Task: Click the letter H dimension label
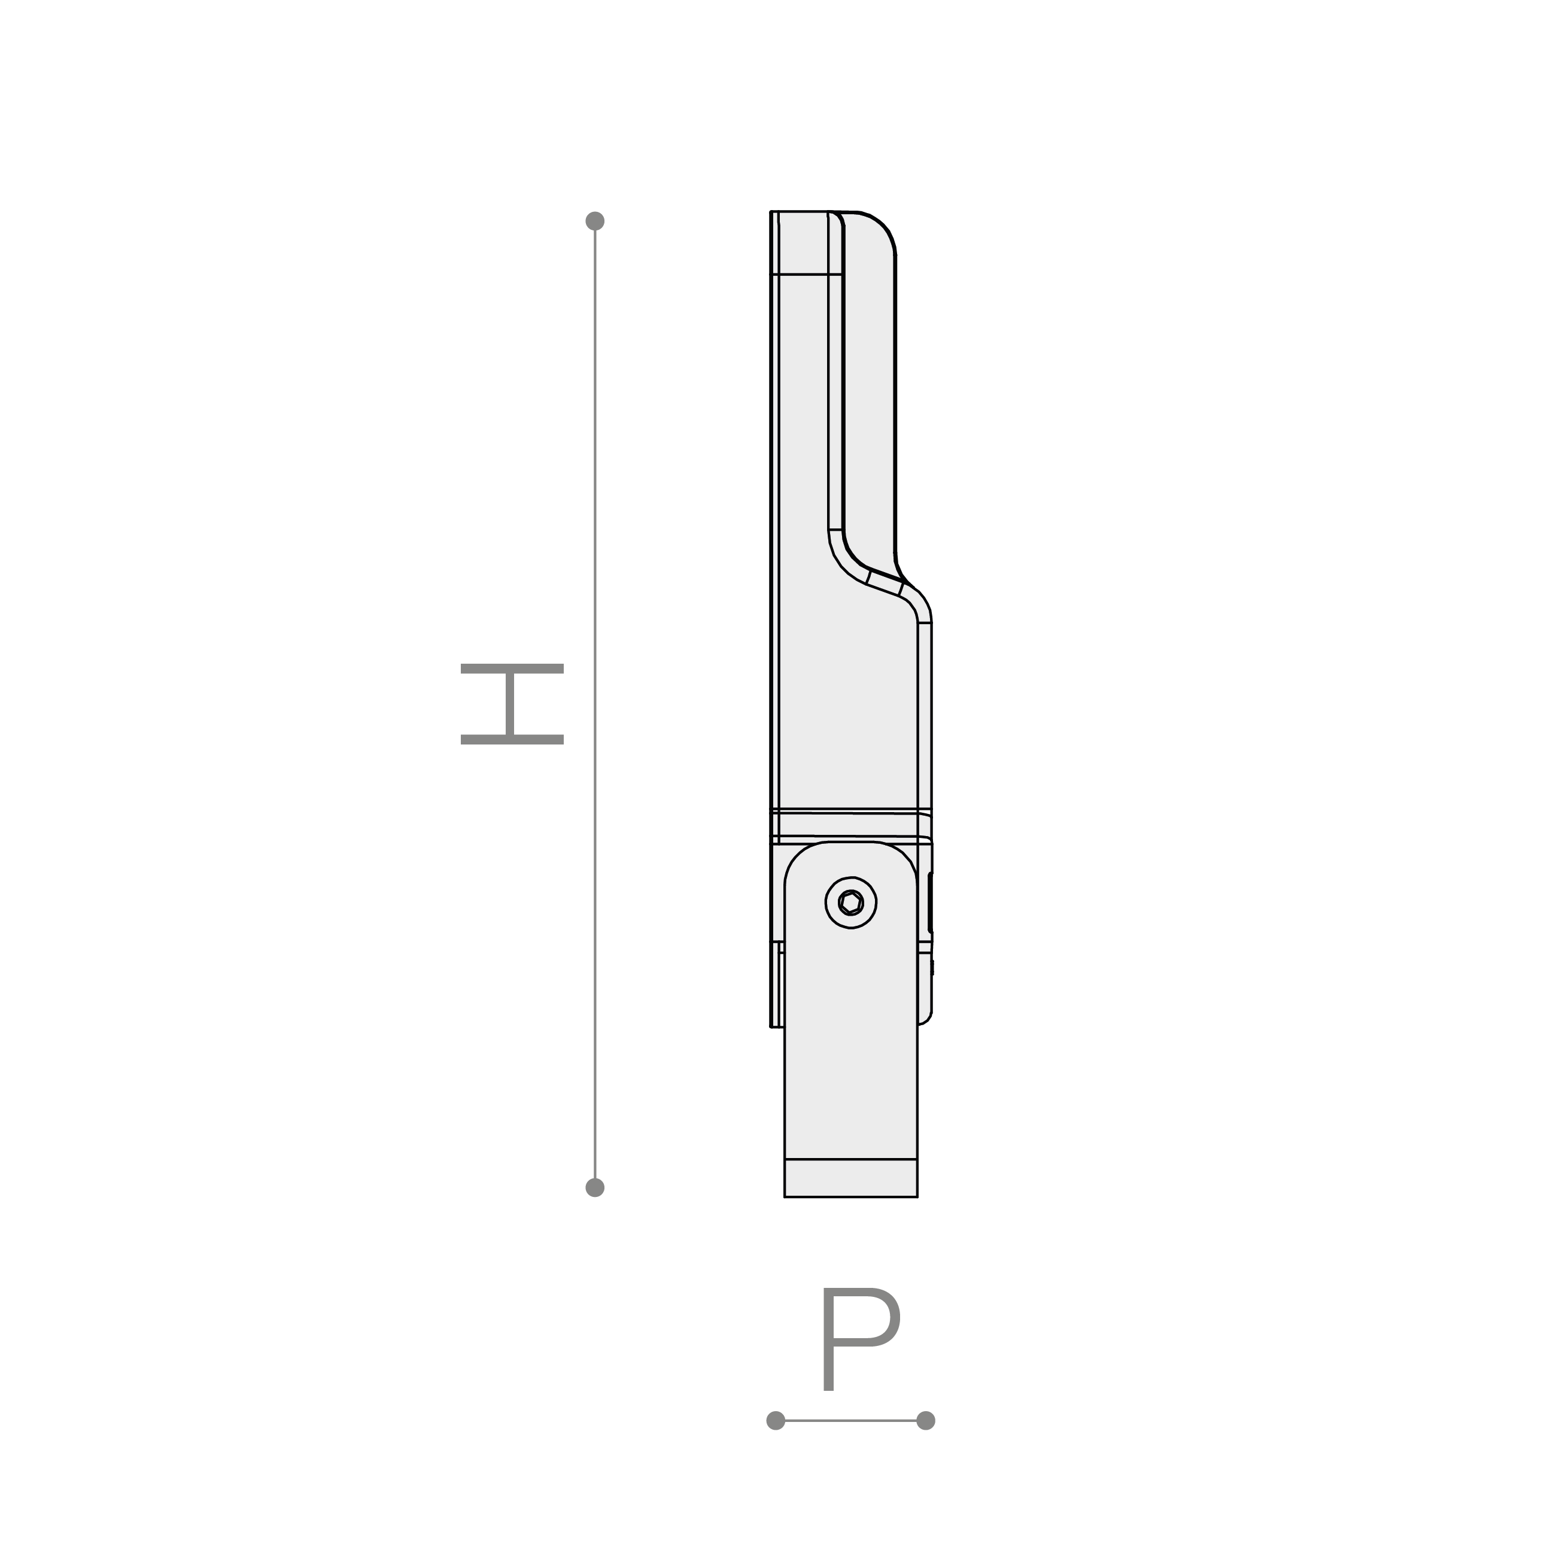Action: pos(512,704)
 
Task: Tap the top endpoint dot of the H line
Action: pos(595,221)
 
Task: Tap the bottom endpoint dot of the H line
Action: pos(595,1187)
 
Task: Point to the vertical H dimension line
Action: pos(595,704)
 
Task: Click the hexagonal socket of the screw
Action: pos(850,902)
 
